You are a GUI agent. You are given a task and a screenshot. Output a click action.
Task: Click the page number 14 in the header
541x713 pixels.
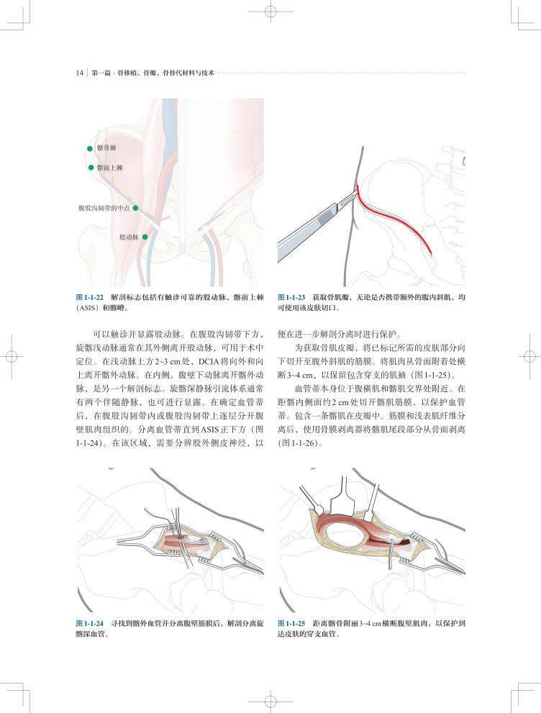pyautogui.click(x=79, y=73)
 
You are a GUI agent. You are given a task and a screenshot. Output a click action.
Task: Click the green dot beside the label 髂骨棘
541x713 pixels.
pyautogui.click(x=90, y=148)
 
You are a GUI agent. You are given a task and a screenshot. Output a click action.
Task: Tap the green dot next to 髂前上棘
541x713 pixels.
pyautogui.click(x=91, y=168)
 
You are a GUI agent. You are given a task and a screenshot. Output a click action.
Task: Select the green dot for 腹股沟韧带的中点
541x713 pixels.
pyautogui.click(x=135, y=208)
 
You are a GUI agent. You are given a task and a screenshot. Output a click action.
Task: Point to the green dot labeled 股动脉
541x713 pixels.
pyautogui.click(x=145, y=237)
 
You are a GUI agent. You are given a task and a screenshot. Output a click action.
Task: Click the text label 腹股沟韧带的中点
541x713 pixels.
pyautogui.click(x=104, y=208)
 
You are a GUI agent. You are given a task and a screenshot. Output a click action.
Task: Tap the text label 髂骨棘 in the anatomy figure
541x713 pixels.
pyautogui.click(x=106, y=148)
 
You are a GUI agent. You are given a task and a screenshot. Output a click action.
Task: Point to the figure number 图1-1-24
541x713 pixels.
pyautogui.click(x=90, y=623)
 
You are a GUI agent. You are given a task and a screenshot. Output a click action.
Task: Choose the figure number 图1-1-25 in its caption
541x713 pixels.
pyautogui.click(x=292, y=623)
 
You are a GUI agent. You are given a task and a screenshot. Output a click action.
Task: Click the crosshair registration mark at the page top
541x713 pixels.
pyautogui.click(x=270, y=12)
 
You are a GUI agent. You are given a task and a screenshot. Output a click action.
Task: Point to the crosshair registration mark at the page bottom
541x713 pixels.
pyautogui.click(x=270, y=701)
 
